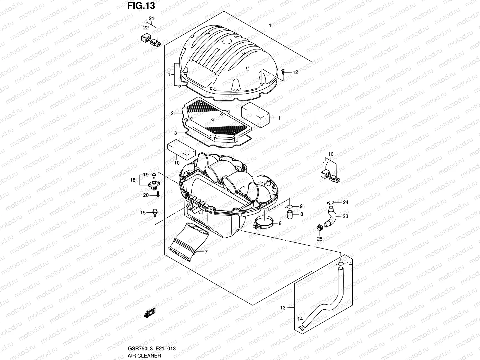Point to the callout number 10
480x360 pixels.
tap(177, 163)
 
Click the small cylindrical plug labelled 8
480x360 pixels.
tap(290, 214)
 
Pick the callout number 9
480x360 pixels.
tap(301, 206)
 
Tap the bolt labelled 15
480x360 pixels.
tap(155, 213)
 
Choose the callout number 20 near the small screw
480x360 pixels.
tap(146, 195)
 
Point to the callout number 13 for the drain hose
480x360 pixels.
tap(283, 307)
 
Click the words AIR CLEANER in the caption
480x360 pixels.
tap(144, 355)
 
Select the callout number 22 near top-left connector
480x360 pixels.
tap(146, 28)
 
